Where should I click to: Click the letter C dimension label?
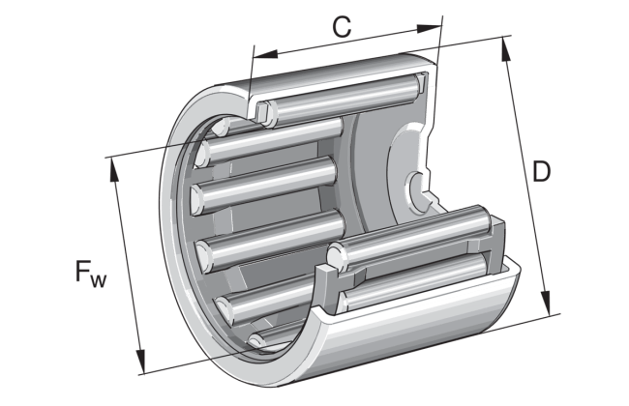[x=340, y=27]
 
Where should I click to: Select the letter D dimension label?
[x=542, y=172]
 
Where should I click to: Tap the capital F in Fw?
[x=83, y=274]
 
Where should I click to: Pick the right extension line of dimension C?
[x=440, y=39]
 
